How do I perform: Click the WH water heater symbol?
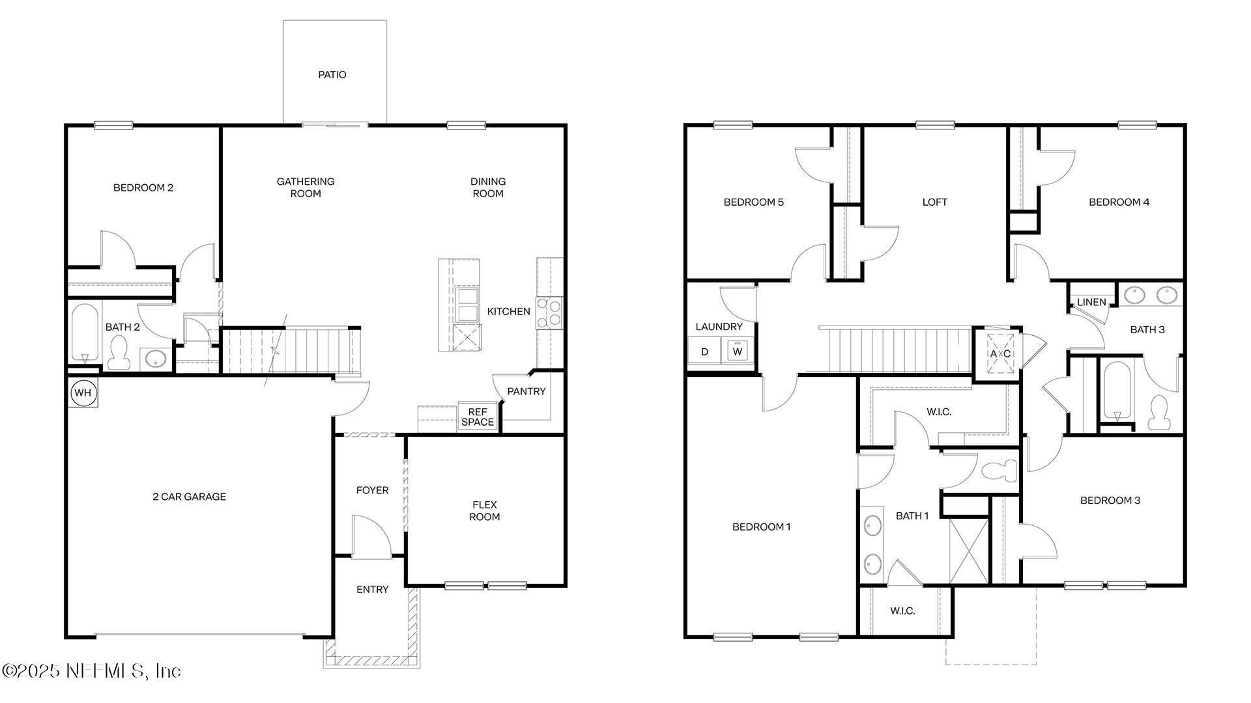tap(82, 393)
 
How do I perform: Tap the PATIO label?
tap(332, 75)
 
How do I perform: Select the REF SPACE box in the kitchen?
tap(478, 417)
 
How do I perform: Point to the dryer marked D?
tap(704, 352)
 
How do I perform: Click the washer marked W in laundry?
tap(738, 351)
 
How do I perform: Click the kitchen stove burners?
tap(549, 313)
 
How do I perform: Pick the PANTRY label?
tap(526, 391)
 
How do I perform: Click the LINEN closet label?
tap(1091, 302)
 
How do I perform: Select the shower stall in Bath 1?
tap(969, 551)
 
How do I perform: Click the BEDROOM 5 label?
tap(753, 202)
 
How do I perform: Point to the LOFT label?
tap(934, 202)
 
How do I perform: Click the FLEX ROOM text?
tap(485, 510)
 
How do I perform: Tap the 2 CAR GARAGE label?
tap(189, 497)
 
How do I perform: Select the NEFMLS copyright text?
tap(91, 670)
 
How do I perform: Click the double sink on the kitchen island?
tap(467, 305)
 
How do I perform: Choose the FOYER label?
tap(372, 490)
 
